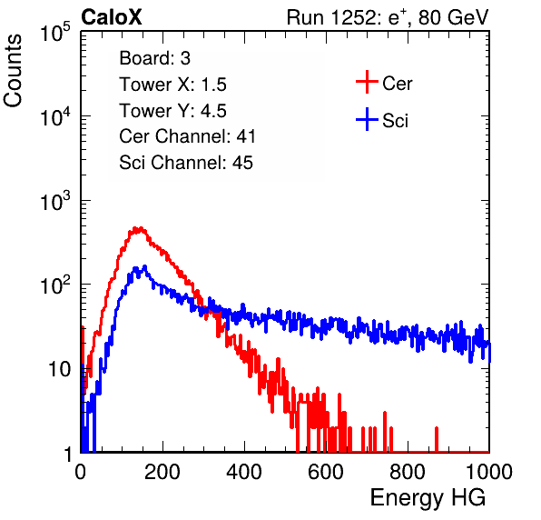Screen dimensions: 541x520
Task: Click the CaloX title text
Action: tap(112, 17)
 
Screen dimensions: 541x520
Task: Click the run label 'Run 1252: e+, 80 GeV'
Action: tap(388, 17)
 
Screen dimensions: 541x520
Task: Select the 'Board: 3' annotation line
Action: tap(155, 58)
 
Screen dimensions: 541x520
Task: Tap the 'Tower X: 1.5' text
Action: tap(172, 85)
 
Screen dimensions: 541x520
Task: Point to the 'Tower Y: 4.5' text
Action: tap(172, 111)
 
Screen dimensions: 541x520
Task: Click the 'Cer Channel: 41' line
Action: tap(187, 136)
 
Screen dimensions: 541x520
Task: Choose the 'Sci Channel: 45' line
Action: tap(186, 163)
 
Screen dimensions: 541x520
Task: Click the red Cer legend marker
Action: tap(367, 82)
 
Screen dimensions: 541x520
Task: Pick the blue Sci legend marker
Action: tap(367, 120)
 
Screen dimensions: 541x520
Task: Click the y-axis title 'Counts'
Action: tap(13, 71)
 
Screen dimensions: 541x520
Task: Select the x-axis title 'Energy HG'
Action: tap(428, 498)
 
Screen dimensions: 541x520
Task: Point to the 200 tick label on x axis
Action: tap(162, 472)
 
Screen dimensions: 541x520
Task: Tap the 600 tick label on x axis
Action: tap(326, 472)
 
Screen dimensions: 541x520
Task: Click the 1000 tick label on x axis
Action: tap(489, 472)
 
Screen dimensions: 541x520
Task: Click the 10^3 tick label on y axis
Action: tap(55, 200)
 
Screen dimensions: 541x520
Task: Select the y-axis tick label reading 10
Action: tap(59, 370)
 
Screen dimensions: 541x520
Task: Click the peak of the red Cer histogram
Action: tap(139, 228)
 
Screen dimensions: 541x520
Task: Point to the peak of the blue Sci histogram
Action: tap(144, 266)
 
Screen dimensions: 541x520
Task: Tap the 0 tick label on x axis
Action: tap(81, 472)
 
